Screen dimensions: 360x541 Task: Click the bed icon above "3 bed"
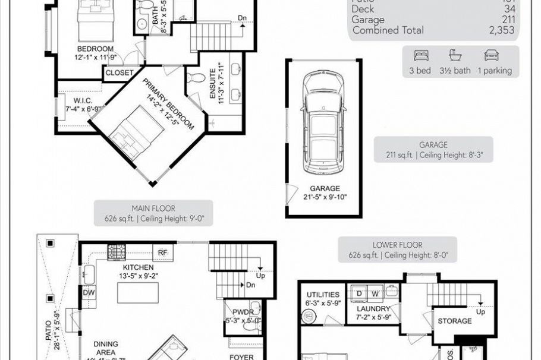[x=421, y=56]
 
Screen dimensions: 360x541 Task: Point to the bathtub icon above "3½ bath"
[x=455, y=56]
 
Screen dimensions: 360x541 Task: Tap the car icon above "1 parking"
[x=491, y=56]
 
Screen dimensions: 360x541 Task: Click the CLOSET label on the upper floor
[x=119, y=73]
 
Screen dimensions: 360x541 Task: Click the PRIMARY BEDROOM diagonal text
[x=168, y=106]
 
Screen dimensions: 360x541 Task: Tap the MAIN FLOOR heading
[x=153, y=209]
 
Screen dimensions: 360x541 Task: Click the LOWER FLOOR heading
[x=398, y=245]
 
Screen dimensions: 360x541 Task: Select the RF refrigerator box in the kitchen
[x=162, y=252]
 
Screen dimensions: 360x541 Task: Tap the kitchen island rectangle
[x=138, y=292]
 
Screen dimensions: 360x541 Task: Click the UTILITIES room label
[x=323, y=295]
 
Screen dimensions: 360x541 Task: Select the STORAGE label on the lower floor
[x=455, y=321]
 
